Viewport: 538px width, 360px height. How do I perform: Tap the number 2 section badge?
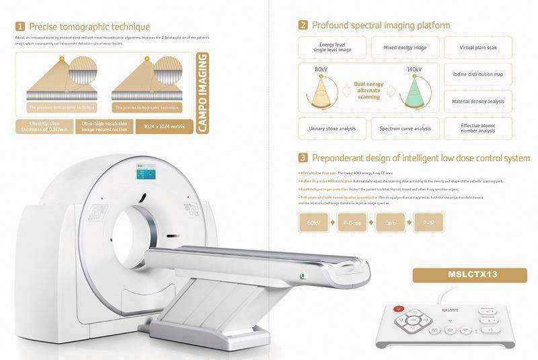[x=304, y=26]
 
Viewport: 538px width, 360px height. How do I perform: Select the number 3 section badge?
[x=304, y=158]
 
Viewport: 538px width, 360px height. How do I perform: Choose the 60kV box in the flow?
[x=314, y=221]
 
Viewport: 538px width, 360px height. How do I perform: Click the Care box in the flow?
[x=391, y=221]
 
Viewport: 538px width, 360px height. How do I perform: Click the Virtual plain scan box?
[x=477, y=48]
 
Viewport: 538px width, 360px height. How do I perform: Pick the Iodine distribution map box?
[x=477, y=74]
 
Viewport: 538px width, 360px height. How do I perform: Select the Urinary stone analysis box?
[x=328, y=128]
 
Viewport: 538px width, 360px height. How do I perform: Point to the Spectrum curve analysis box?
[x=403, y=128]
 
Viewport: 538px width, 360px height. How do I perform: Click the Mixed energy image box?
[x=403, y=48]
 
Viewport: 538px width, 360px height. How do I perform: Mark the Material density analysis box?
[x=477, y=101]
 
